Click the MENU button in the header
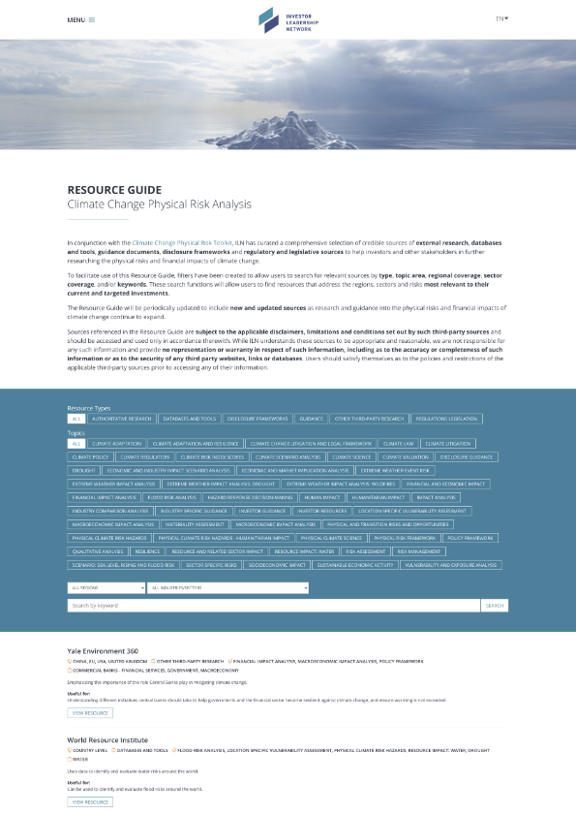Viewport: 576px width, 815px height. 80,19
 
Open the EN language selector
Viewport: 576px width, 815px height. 501,18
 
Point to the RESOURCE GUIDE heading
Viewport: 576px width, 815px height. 114,190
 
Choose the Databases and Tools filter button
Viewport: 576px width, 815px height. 190,419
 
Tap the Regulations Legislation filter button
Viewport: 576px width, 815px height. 446,419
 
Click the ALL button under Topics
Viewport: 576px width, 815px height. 76,443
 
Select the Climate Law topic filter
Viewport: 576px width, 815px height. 398,443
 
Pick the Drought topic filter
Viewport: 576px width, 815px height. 83,469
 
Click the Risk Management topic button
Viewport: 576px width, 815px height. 418,550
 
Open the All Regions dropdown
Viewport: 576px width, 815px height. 105,587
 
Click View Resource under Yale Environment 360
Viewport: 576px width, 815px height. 90,712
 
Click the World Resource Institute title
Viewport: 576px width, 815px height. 107,739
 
